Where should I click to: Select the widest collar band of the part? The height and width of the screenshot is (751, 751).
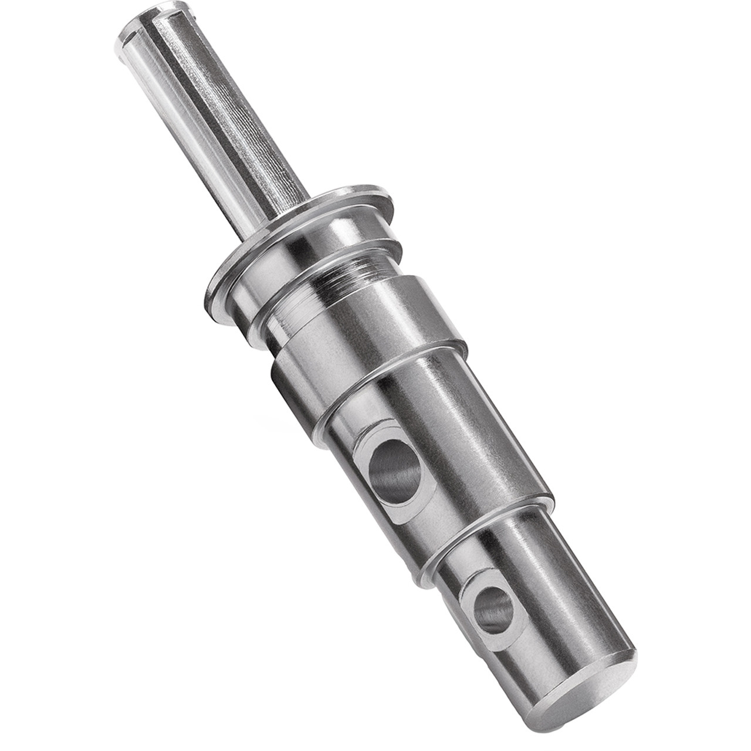(375, 329)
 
